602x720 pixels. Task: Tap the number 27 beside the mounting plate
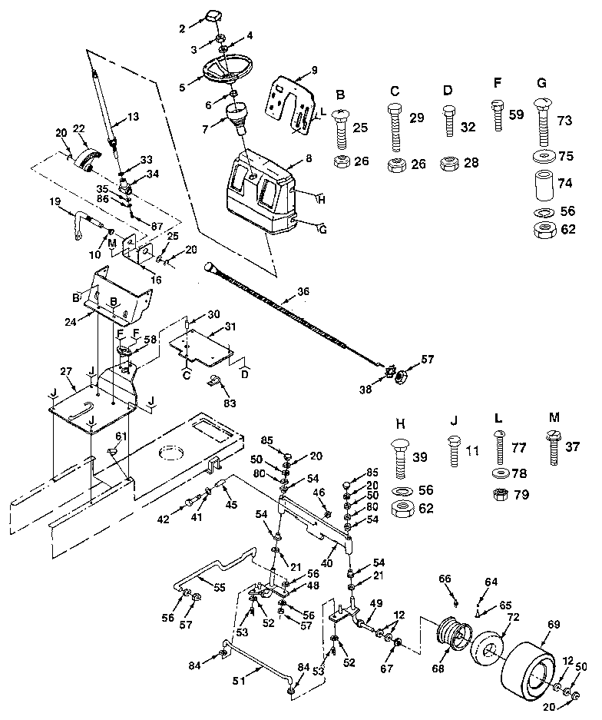coord(66,371)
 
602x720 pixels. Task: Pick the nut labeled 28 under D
coord(449,164)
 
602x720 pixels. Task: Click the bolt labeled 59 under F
coord(498,115)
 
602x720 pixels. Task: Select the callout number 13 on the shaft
coord(134,118)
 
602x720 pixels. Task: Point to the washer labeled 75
coord(544,158)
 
